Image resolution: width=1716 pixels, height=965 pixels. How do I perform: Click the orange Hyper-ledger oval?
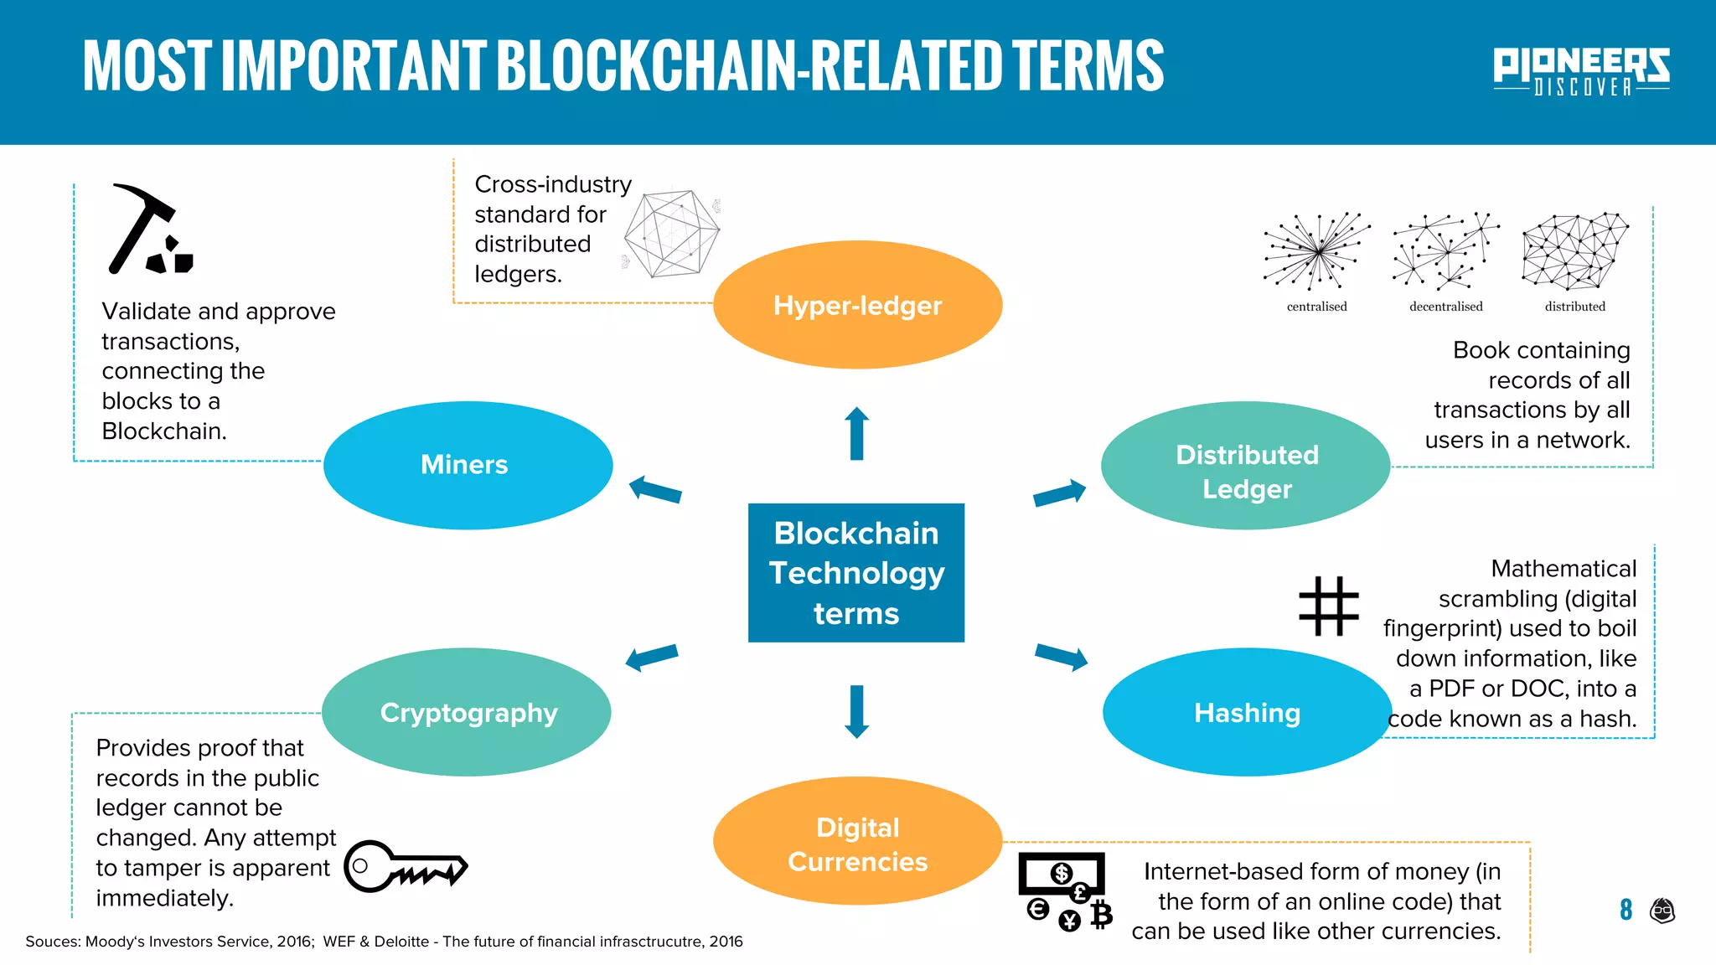tap(857, 305)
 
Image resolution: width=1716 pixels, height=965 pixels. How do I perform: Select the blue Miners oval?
tap(468, 465)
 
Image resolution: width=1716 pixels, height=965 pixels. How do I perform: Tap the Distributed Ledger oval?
tap(1245, 466)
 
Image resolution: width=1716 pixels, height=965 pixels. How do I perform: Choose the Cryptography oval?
tap(467, 712)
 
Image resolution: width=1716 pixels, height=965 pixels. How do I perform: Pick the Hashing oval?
tap(1247, 712)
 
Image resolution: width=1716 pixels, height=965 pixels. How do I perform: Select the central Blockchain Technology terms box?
tap(855, 573)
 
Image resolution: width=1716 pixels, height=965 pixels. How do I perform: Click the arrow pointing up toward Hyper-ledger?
tap(856, 434)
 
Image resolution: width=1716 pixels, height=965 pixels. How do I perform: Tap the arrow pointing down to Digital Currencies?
tap(856, 711)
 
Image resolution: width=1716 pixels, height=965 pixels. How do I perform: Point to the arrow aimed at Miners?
tap(655, 489)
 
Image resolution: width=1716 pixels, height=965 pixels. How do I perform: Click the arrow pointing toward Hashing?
tap(1061, 657)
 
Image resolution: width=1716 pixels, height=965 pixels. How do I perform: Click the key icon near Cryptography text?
tap(406, 866)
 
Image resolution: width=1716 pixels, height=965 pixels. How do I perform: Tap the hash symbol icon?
tap(1328, 606)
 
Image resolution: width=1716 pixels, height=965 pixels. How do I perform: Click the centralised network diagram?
tap(1317, 251)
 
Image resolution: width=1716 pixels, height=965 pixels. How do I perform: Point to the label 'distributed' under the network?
tap(1575, 307)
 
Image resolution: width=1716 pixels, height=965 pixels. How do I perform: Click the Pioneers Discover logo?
tap(1581, 70)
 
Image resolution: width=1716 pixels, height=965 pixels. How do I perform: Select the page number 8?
tap(1626, 910)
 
